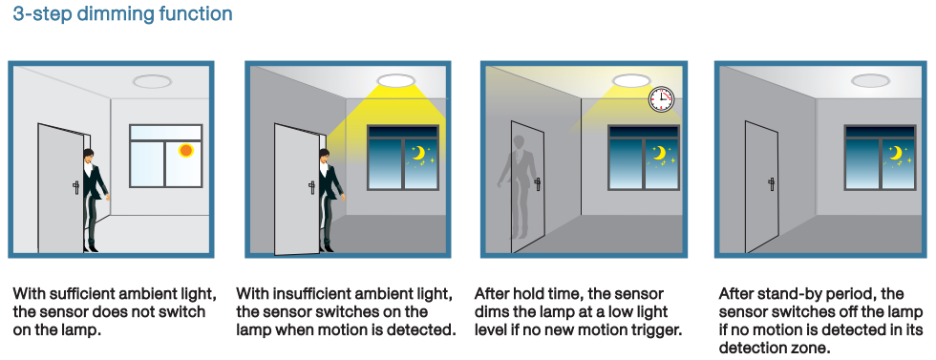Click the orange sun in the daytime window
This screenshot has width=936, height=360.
pyautogui.click(x=185, y=151)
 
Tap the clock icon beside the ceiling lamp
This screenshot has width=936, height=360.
pyautogui.click(x=661, y=99)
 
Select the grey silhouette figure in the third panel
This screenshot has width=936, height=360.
pyautogui.click(x=517, y=185)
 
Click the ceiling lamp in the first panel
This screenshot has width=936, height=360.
pyautogui.click(x=152, y=81)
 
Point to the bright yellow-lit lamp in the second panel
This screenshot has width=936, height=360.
pyautogui.click(x=395, y=80)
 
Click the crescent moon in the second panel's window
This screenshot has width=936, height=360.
pyautogui.click(x=419, y=154)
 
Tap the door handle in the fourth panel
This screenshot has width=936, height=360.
pyautogui.click(x=772, y=182)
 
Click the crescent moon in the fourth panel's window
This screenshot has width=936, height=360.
pyautogui.click(x=894, y=154)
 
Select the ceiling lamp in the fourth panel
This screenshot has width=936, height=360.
pyautogui.click(x=870, y=80)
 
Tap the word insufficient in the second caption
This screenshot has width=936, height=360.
pyautogui.click(x=305, y=294)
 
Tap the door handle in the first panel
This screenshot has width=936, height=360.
pyautogui.click(x=75, y=188)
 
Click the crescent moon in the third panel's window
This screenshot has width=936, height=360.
pyautogui.click(x=658, y=154)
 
